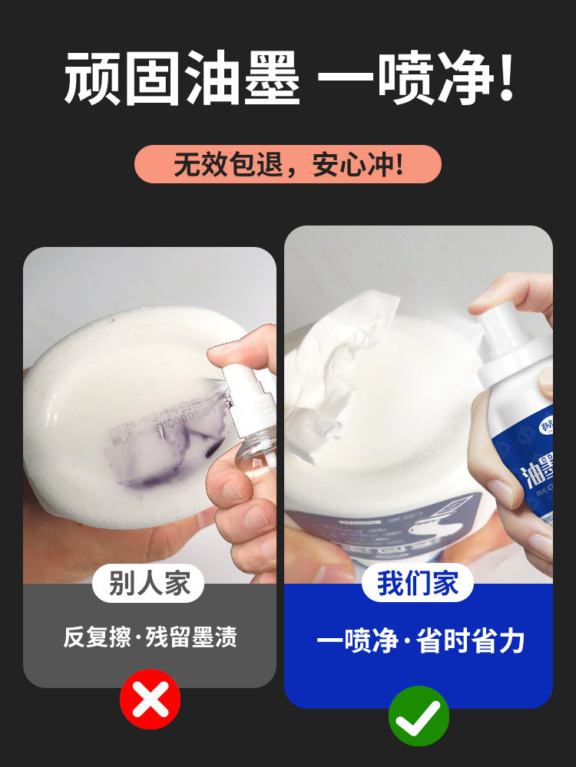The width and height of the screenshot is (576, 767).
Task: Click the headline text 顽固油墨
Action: click(x=182, y=79)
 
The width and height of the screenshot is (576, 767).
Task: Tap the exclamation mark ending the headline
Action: click(x=504, y=79)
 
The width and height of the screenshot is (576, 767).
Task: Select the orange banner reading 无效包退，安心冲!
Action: click(x=287, y=164)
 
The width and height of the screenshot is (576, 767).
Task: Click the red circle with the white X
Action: click(x=150, y=699)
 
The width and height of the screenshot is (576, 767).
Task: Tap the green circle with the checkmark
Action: click(x=419, y=716)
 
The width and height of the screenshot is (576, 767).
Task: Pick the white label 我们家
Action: click(x=418, y=584)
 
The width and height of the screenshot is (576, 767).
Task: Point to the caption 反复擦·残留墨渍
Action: click(x=150, y=637)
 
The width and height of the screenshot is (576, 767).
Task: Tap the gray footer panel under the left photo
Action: click(x=150, y=660)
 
